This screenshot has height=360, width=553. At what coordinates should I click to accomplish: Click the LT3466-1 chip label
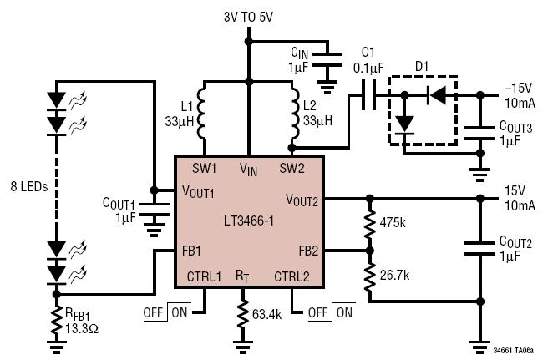(x=249, y=221)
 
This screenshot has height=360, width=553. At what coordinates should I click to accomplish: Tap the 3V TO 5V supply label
(x=248, y=17)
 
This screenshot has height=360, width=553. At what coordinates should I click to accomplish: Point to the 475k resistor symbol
(x=369, y=225)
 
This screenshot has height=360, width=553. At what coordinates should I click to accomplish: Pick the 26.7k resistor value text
(x=394, y=275)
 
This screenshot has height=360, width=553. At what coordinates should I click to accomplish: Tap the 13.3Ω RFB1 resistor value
(x=82, y=328)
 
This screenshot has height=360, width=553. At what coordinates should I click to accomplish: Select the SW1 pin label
(x=204, y=168)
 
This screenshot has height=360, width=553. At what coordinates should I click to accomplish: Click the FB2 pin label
(x=308, y=251)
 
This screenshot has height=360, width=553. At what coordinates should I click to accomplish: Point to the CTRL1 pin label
(x=204, y=276)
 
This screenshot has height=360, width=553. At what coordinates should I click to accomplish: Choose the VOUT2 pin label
(x=302, y=200)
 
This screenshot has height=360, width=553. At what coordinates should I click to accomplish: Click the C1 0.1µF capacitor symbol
(x=368, y=95)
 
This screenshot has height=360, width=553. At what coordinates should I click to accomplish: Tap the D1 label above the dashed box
(x=422, y=66)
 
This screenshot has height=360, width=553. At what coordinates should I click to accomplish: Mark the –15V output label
(x=518, y=89)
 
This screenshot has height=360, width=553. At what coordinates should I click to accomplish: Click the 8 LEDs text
(x=29, y=186)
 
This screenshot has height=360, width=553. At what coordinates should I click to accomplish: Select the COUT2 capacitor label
(x=515, y=242)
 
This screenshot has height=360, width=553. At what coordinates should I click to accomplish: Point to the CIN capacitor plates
(x=327, y=60)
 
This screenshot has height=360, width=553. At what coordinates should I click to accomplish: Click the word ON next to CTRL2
(x=344, y=312)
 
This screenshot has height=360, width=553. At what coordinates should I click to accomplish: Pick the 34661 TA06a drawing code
(x=513, y=351)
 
